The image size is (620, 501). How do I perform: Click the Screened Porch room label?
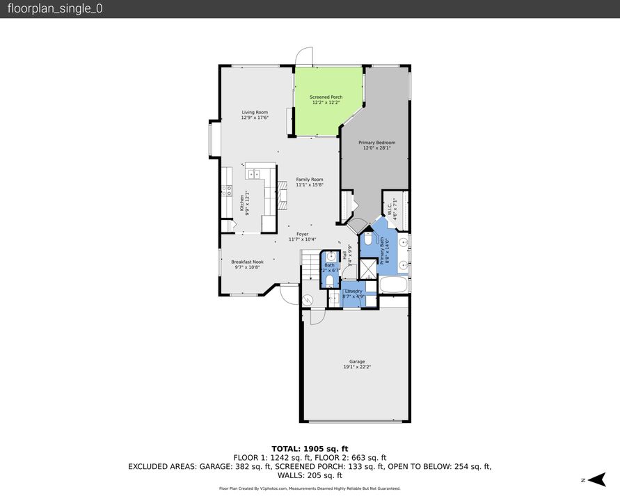[326, 97]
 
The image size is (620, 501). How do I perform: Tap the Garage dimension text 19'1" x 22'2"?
[357, 367]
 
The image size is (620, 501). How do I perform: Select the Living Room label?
[255, 112]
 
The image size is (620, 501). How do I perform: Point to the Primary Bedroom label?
[379, 143]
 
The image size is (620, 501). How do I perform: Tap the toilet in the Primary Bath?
[368, 239]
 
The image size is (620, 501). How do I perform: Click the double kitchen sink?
[253, 174]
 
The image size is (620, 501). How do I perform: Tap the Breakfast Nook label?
[247, 262]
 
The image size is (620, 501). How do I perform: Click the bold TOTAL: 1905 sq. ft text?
[310, 448]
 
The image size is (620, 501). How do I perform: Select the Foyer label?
[302, 234]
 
